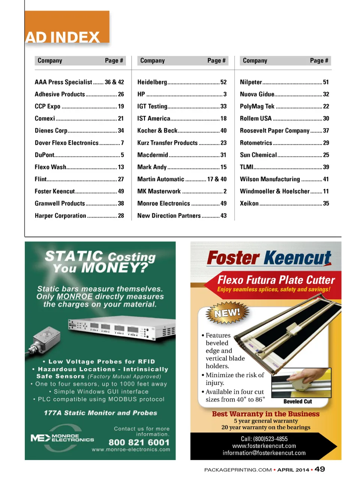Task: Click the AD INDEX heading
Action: [63, 37]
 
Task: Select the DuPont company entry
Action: [45, 155]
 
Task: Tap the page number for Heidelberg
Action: [223, 82]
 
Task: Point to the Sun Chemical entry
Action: [258, 155]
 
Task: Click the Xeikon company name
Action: [249, 203]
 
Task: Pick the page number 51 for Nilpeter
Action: [326, 82]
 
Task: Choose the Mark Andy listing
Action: [152, 167]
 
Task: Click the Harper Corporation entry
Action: [60, 216]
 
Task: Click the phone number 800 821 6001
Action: [139, 442]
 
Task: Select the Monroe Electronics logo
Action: [62, 438]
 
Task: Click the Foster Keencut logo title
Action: [269, 258]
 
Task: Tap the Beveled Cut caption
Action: [297, 402]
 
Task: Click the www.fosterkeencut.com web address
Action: [264, 446]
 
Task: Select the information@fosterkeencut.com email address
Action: [264, 453]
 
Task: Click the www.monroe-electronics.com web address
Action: [131, 450]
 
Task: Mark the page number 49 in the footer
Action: [320, 469]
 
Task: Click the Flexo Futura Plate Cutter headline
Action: [276, 280]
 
